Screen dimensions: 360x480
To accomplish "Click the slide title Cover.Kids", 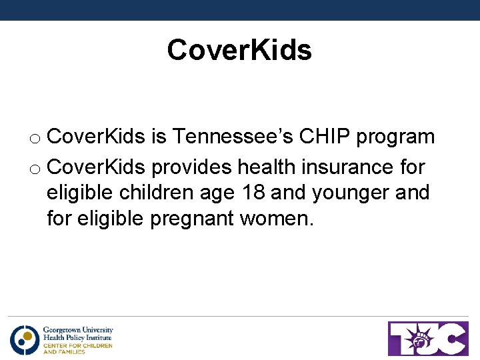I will click(x=239, y=50).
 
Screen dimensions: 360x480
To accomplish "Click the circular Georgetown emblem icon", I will click(x=24, y=339).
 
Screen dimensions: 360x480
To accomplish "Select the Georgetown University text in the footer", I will click(x=78, y=330).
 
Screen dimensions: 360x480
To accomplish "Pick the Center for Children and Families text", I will click(x=77, y=348).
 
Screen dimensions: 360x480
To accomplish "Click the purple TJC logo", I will click(x=428, y=338).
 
